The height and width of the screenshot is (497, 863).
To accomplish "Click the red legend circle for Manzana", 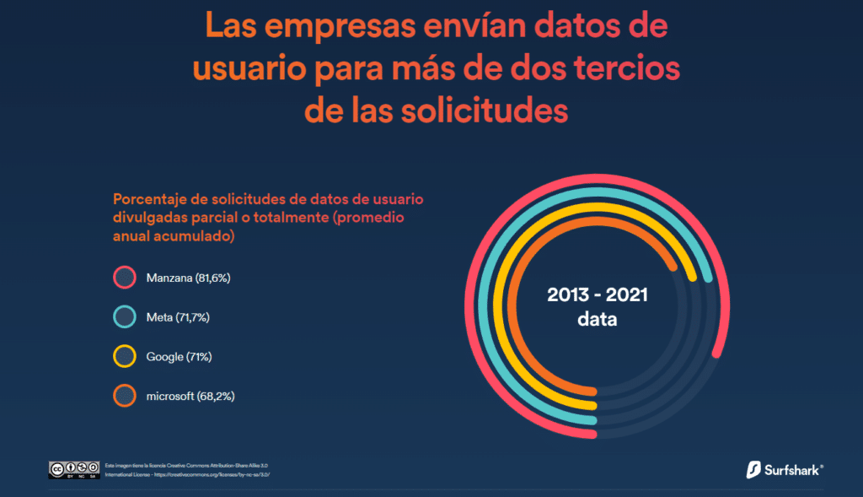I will pos(124,278).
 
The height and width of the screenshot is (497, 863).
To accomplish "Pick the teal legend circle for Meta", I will pos(124,317).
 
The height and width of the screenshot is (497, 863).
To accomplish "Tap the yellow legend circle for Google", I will pos(124,357).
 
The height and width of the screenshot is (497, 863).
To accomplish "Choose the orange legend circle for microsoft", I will pos(124,396).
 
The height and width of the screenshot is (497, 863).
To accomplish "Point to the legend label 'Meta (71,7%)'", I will pos(178,317).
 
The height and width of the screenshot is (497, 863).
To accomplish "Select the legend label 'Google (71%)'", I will pos(179,357).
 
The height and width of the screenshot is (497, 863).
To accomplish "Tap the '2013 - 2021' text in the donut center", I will pos(598,296).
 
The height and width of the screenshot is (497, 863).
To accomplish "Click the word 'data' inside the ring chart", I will pos(597,320).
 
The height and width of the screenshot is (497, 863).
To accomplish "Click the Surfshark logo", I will pos(784,469).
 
